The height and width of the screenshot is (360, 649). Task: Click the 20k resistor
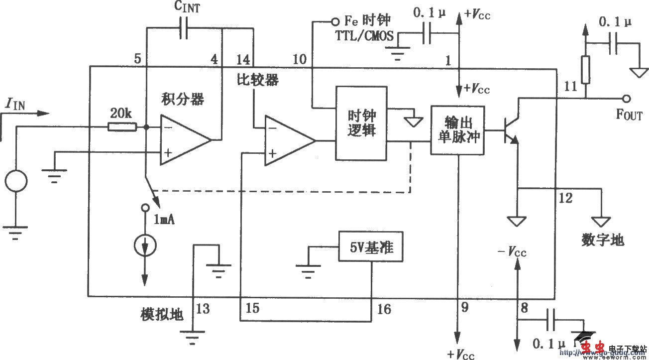[122, 127]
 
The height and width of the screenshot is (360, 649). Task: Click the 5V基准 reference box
[370, 246]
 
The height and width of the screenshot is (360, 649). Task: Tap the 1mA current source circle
[145, 244]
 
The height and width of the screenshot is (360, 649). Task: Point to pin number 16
[384, 309]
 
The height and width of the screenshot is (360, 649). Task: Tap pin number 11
[570, 87]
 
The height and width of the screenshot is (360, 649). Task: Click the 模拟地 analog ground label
[162, 315]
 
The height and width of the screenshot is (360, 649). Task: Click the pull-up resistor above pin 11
[585, 70]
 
